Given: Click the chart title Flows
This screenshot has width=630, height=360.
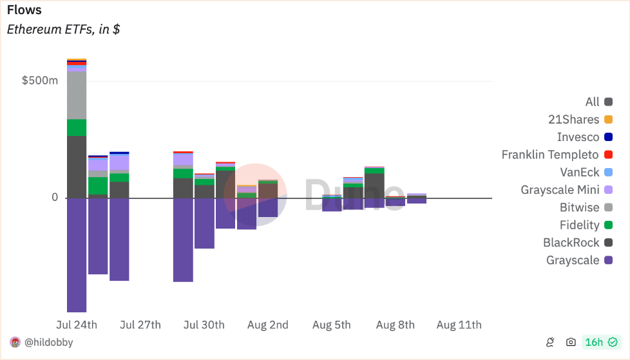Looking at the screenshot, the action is pyautogui.click(x=24, y=10).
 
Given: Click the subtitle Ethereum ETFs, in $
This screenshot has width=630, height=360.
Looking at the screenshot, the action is pyautogui.click(x=63, y=30).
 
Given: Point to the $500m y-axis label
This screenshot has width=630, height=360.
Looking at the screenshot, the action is pyautogui.click(x=40, y=81).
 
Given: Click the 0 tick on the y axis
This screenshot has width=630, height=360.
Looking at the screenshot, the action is pyautogui.click(x=55, y=197).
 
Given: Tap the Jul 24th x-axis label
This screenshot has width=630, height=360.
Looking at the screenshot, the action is pyautogui.click(x=77, y=325).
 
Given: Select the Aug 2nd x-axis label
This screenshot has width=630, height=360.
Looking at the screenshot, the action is pyautogui.click(x=267, y=325).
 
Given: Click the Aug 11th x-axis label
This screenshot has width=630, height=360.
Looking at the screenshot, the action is pyautogui.click(x=459, y=325).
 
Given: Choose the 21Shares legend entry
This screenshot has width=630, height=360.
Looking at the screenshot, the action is pyautogui.click(x=580, y=119).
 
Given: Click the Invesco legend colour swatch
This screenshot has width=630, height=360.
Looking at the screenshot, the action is pyautogui.click(x=608, y=137).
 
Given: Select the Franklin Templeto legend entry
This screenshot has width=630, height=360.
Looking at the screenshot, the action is pyautogui.click(x=557, y=155).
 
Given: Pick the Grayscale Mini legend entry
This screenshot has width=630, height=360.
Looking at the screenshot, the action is pyautogui.click(x=566, y=189).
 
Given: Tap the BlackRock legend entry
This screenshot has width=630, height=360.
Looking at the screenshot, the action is pyautogui.click(x=578, y=243).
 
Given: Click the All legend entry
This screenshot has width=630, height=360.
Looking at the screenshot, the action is pyautogui.click(x=598, y=102).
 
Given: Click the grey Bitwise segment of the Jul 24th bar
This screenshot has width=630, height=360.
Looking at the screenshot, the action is pyautogui.click(x=77, y=95).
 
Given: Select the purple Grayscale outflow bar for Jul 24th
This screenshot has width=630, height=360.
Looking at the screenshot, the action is pyautogui.click(x=77, y=255).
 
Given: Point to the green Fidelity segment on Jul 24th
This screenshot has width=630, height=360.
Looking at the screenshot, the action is pyautogui.click(x=77, y=128).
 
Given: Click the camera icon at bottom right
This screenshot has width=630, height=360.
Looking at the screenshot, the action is pyautogui.click(x=571, y=342).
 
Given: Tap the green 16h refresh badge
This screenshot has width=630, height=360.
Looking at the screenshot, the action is pyautogui.click(x=601, y=342).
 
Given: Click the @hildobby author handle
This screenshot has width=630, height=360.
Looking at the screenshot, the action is pyautogui.click(x=48, y=343).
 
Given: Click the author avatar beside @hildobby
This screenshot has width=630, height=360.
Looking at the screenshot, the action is pyautogui.click(x=15, y=343).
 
